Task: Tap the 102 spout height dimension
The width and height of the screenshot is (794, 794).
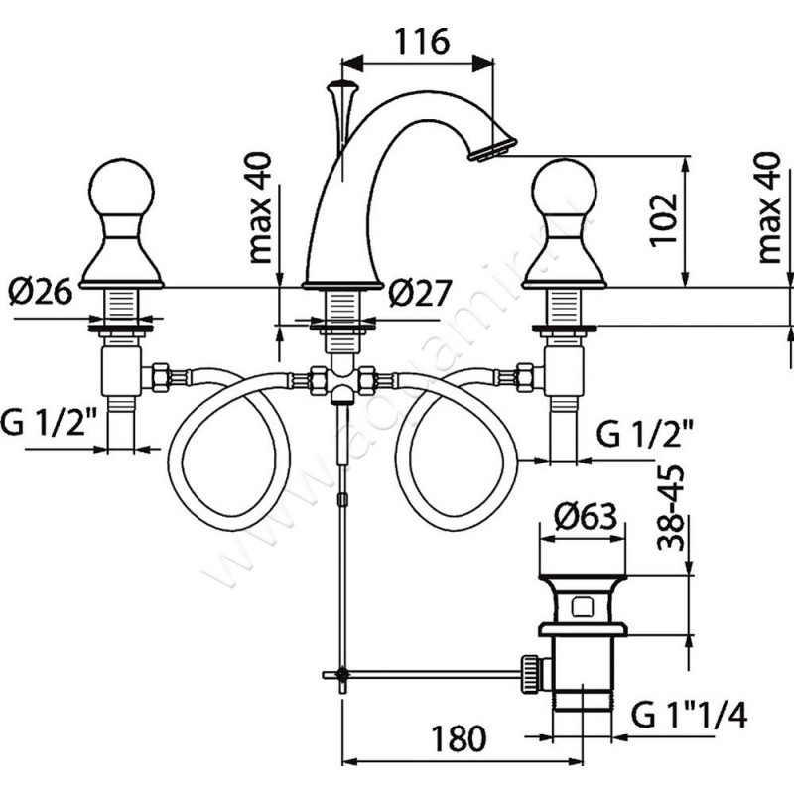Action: (663, 219)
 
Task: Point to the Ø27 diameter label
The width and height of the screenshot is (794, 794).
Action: (419, 292)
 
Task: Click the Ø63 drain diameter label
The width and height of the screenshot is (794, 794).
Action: (586, 517)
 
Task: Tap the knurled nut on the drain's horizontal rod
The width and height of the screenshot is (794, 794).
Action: (532, 673)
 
